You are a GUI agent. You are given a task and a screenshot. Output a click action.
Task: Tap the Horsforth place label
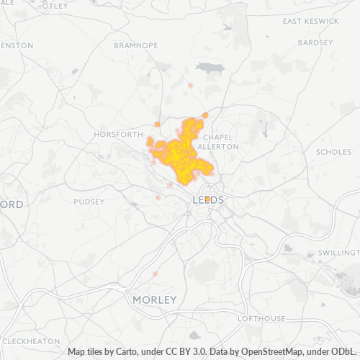119,135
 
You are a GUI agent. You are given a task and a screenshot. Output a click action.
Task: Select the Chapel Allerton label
220,141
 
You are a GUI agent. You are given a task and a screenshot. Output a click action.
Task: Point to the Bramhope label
135,45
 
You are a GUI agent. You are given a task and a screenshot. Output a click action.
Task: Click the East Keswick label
310,22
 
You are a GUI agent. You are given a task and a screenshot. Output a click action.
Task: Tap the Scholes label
333,152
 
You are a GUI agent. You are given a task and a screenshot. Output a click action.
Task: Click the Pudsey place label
89,202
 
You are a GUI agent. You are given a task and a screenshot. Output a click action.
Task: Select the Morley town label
154,299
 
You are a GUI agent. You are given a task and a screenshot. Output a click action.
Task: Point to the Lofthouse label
261,318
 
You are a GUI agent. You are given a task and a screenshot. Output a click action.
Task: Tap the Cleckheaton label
30,341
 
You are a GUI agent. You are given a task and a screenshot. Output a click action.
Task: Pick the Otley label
55,6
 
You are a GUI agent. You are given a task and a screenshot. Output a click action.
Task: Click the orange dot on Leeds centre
207,199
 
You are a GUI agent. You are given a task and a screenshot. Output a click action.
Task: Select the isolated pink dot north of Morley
155,274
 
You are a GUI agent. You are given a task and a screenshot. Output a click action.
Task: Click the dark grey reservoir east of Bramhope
209,68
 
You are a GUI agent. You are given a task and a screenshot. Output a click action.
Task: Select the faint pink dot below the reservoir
190,85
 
